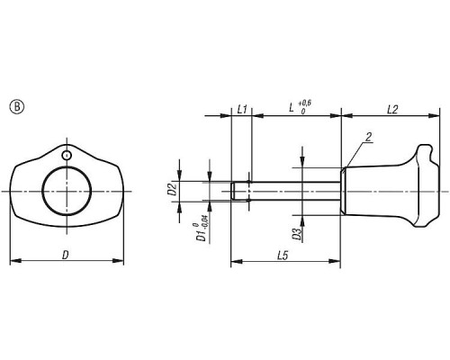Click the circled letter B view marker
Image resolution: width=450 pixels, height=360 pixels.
tap(17, 107)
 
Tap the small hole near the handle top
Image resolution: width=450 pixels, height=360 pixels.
tap(67, 156)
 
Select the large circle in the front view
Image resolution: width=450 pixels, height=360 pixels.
tap(67, 191)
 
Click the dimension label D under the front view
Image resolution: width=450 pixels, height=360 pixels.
tap(66, 256)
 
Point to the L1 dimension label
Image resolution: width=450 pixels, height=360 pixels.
tap(242, 109)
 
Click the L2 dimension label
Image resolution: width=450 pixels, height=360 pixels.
tap(392, 110)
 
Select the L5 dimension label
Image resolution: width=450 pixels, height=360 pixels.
tap(283, 256)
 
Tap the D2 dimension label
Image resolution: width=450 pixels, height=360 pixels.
tap(172, 189)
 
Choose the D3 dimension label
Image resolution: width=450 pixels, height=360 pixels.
tap(297, 234)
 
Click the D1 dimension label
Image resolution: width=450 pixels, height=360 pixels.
tap(201, 235)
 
